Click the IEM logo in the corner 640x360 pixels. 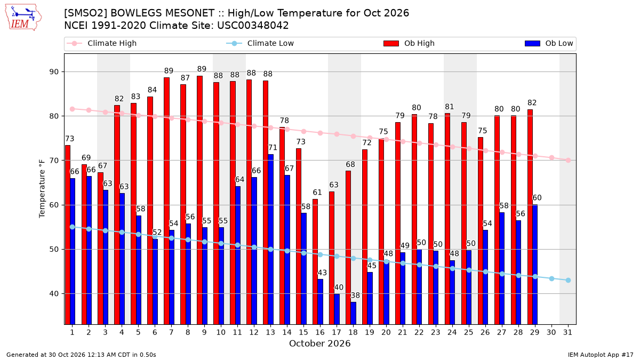(x=23, y=18)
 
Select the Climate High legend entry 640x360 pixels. (x=101, y=43)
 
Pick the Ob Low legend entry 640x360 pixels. (x=549, y=43)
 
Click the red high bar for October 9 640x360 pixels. (x=199, y=200)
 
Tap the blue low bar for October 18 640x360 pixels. (x=354, y=313)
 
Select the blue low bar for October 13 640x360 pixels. (x=270, y=239)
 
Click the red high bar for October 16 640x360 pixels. (x=315, y=262)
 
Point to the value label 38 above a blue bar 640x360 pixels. (x=355, y=295)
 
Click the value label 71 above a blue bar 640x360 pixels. (x=273, y=148)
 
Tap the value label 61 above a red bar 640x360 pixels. (x=317, y=193)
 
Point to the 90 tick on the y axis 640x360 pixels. (x=54, y=71)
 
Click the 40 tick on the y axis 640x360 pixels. (x=54, y=294)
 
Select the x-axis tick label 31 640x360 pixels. (x=567, y=332)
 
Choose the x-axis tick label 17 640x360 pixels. (x=337, y=332)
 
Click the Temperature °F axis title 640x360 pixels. (x=42, y=189)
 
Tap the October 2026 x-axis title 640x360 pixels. (x=320, y=343)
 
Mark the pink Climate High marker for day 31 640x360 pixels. (x=569, y=161)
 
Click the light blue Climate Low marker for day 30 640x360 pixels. (x=551, y=278)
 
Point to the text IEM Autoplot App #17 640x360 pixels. (x=601, y=355)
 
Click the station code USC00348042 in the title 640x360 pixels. (x=253, y=26)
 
